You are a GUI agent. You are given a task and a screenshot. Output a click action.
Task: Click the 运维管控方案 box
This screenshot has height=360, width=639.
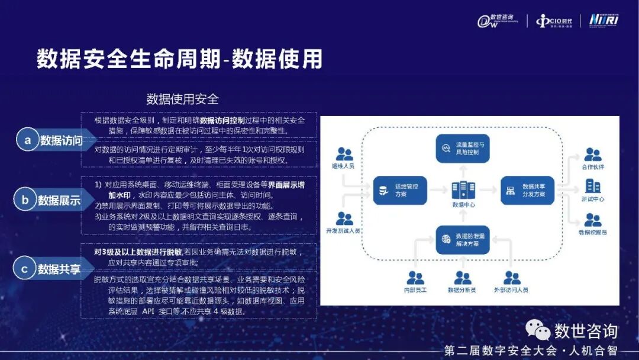pyautogui.click(x=400, y=190)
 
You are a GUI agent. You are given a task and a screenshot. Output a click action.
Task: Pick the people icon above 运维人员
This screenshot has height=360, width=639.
pyautogui.click(x=344, y=155)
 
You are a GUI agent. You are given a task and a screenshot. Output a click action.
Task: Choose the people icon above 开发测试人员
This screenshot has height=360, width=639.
pyautogui.click(x=344, y=218)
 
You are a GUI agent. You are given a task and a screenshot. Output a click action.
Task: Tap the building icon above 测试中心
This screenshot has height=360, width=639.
pyautogui.click(x=592, y=187)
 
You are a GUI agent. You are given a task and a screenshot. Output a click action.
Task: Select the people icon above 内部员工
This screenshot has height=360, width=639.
pyautogui.click(x=415, y=277)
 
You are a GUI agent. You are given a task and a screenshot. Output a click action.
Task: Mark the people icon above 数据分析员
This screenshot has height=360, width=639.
pyautogui.click(x=463, y=277)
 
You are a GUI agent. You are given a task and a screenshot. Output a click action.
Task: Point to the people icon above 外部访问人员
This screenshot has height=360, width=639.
pyautogui.click(x=511, y=277)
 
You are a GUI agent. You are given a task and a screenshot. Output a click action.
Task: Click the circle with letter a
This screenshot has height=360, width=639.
pyautogui.click(x=27, y=140)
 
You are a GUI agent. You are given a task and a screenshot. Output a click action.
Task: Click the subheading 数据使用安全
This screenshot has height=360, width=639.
pyautogui.click(x=182, y=99)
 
